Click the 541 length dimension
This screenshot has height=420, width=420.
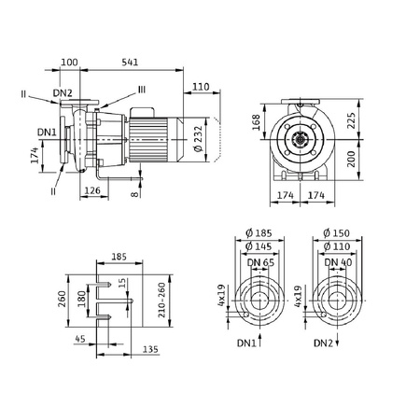(x=130, y=63)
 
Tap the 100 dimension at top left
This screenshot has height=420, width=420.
(x=69, y=63)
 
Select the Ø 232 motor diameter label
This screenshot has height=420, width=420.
(x=198, y=139)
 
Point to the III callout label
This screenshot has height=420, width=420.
(x=142, y=90)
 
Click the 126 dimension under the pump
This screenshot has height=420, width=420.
(x=92, y=190)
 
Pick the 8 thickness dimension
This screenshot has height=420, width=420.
(x=134, y=194)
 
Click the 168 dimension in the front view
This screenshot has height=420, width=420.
(x=256, y=122)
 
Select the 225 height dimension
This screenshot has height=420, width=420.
(x=351, y=120)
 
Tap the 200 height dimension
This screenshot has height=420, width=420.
(x=351, y=159)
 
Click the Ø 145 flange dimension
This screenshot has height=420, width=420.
(x=259, y=246)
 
